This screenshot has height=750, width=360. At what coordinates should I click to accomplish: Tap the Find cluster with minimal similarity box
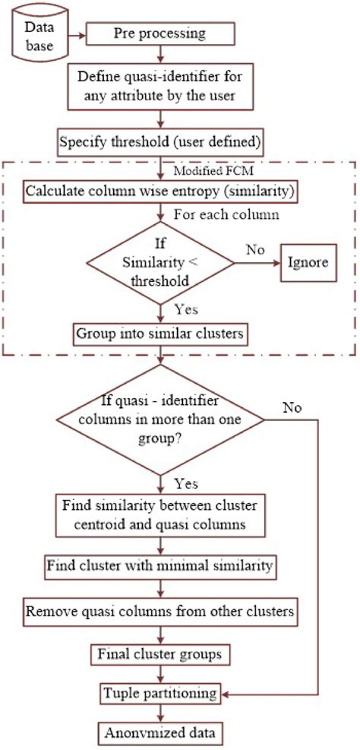pyautogui.click(x=159, y=567)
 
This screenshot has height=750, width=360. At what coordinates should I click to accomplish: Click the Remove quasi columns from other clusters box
pyautogui.click(x=159, y=611)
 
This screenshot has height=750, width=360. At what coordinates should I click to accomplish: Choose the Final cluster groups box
pyautogui.click(x=159, y=653)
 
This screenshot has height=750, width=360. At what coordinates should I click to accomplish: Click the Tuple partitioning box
pyautogui.click(x=159, y=693)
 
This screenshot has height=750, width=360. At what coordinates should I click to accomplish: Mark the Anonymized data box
pyautogui.click(x=159, y=734)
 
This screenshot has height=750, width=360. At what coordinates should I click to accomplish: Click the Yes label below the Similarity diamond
pyautogui.click(x=187, y=309)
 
